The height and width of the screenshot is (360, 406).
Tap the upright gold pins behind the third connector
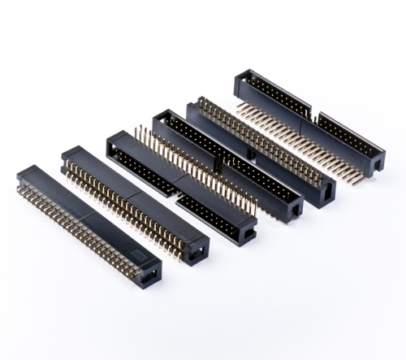187,167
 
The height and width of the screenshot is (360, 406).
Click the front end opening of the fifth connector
326,192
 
